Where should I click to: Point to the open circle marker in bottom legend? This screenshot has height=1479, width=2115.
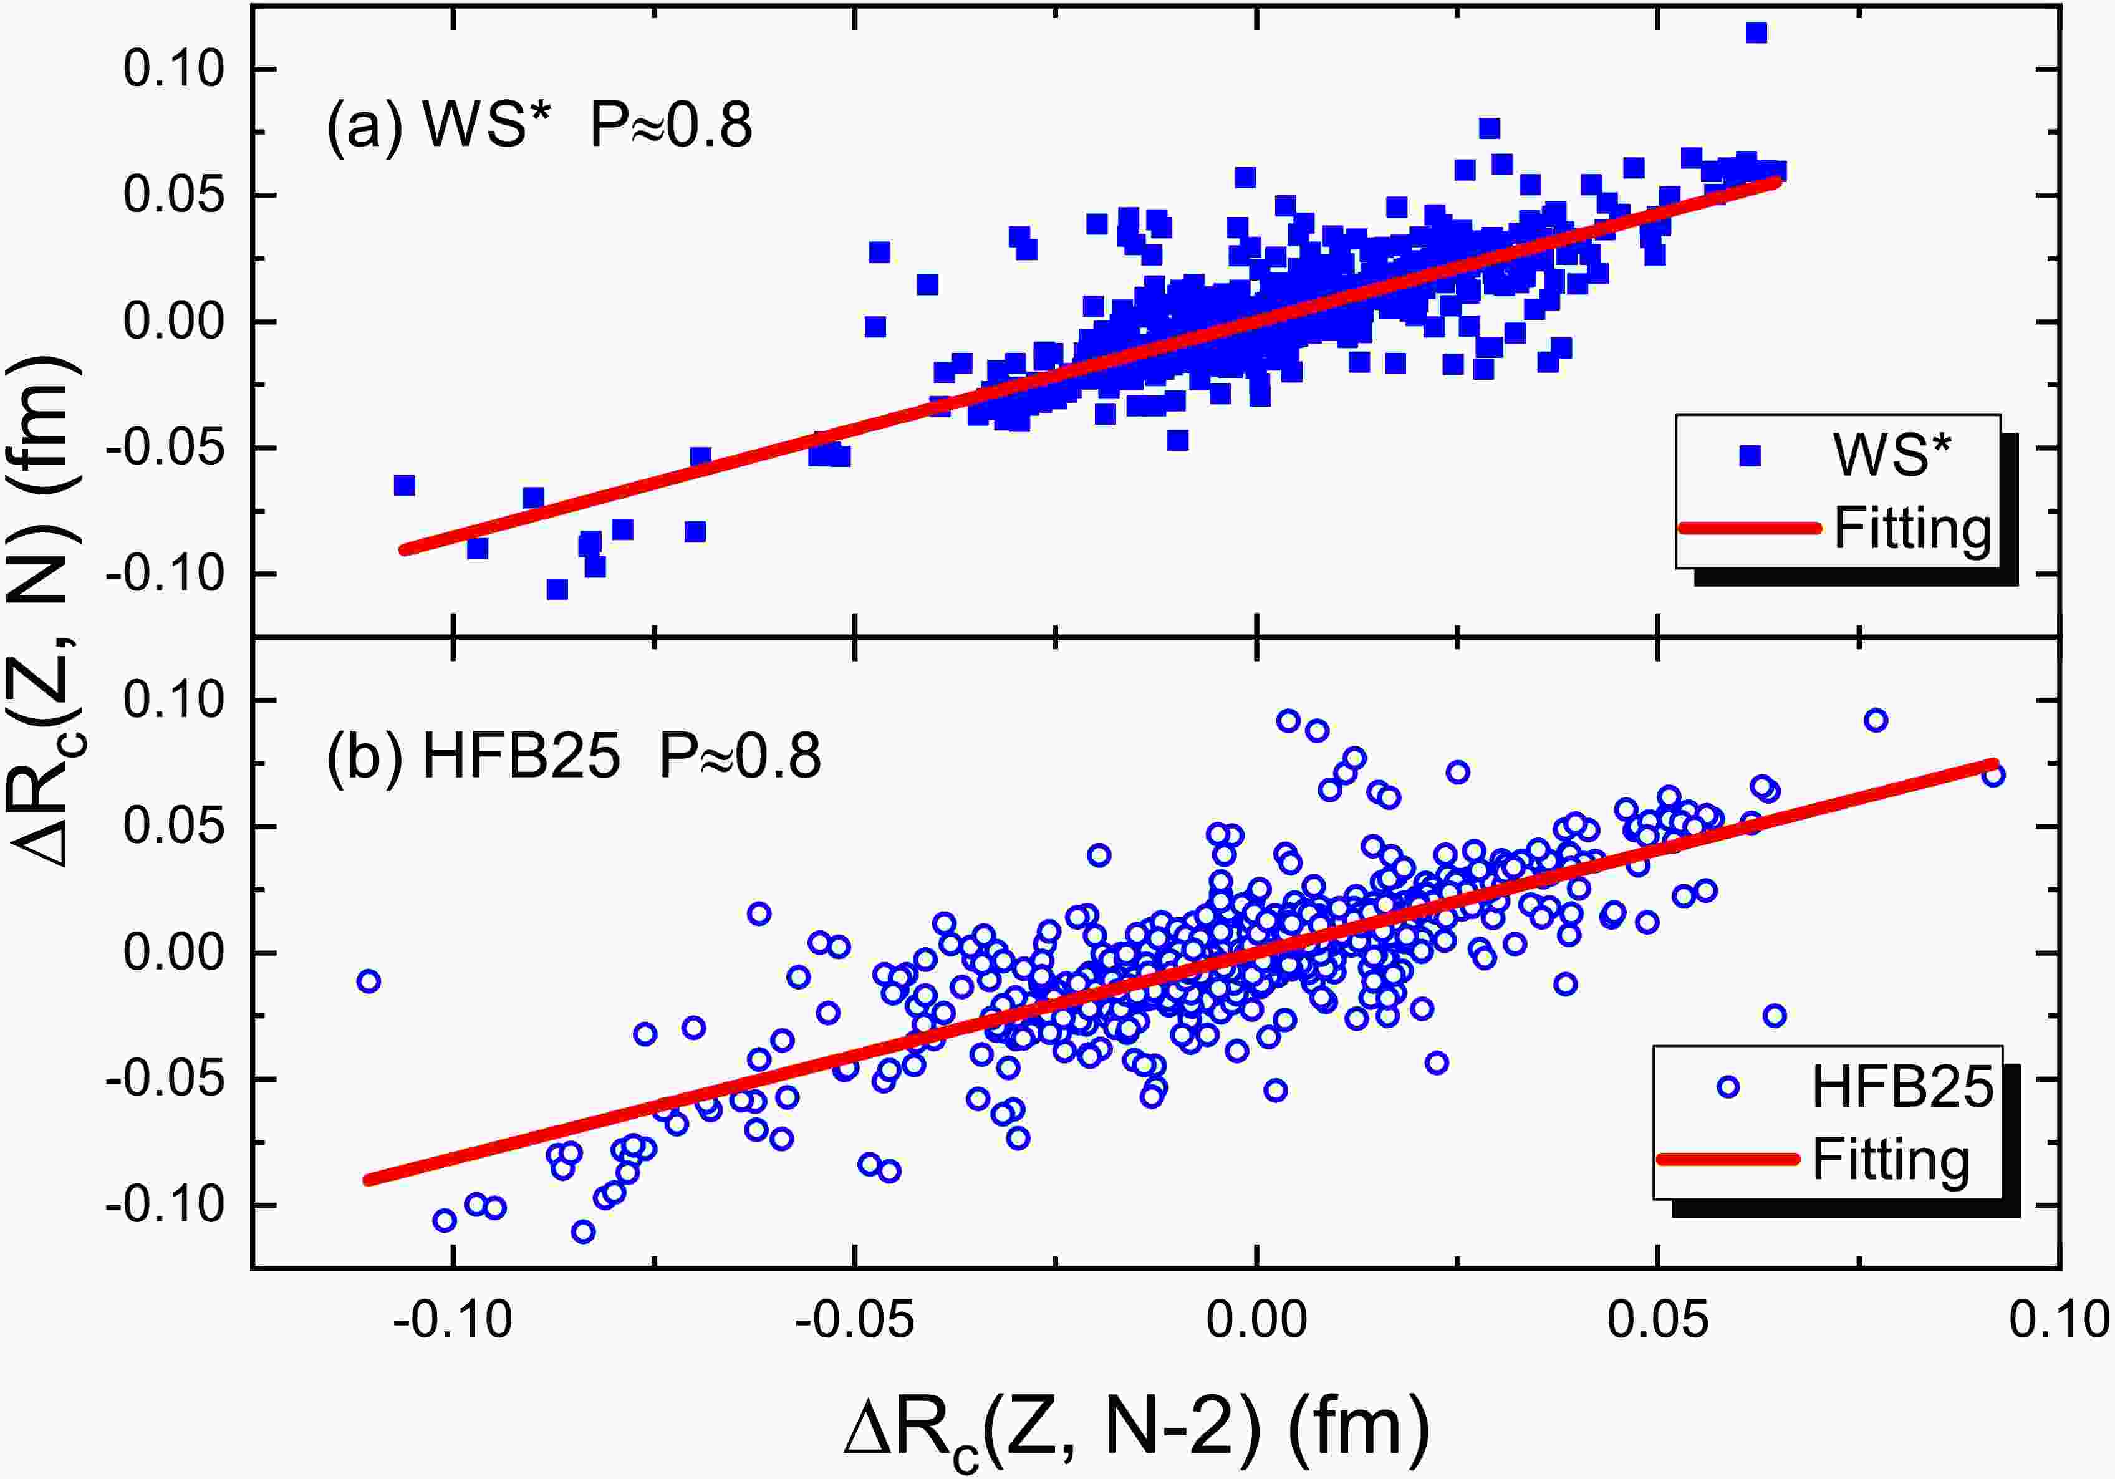point(1728,1087)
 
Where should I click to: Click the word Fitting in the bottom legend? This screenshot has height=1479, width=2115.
point(1891,1159)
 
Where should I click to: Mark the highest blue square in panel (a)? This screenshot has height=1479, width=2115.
point(1756,33)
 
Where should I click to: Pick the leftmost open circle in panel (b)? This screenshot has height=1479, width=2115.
point(369,981)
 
